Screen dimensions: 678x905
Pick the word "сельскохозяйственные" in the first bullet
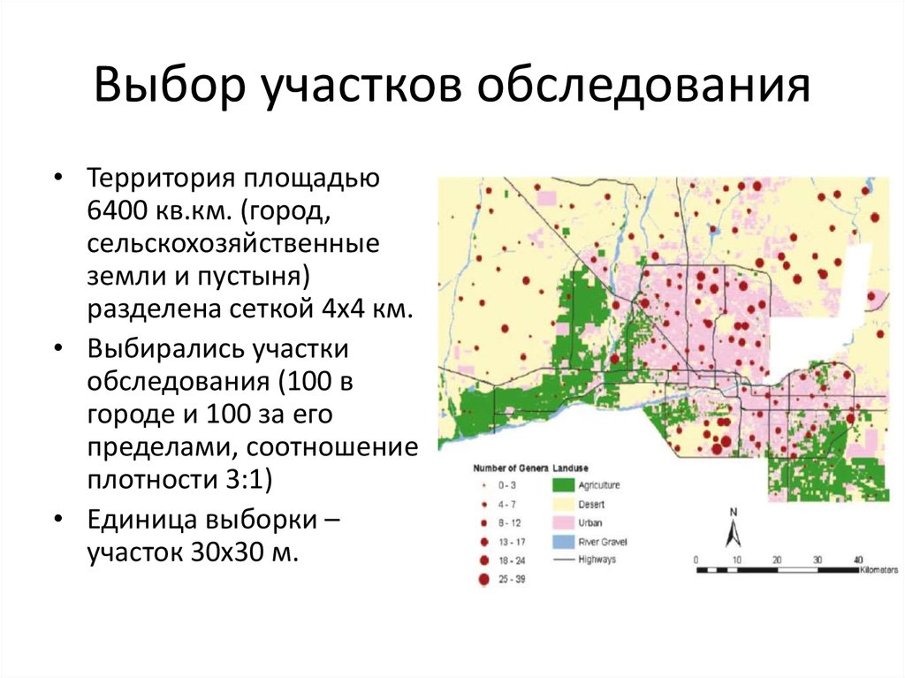click(233, 244)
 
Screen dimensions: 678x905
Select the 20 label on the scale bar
click(777, 560)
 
